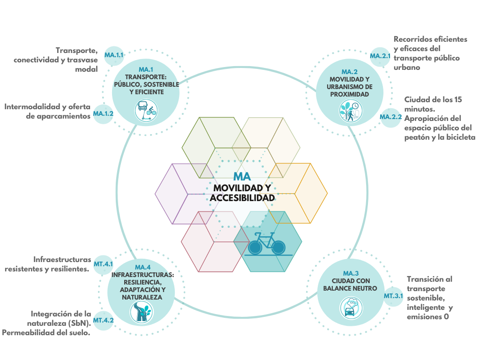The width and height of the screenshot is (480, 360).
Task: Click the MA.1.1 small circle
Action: (114, 55)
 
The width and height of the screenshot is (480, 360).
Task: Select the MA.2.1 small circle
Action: (380, 56)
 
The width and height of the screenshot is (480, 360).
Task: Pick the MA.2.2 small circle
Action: (390, 117)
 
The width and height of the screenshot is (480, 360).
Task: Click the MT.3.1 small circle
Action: (393, 296)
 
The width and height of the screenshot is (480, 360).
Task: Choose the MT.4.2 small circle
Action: (103, 320)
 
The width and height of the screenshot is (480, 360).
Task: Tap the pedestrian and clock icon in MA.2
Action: (350, 112)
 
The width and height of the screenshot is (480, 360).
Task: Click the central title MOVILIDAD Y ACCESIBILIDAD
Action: (242, 193)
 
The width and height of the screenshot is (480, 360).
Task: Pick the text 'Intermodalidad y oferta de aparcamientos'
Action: (47, 111)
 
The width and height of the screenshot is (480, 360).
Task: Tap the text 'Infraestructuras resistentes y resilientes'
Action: (47, 264)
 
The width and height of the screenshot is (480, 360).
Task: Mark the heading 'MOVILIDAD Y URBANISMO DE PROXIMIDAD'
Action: (350, 87)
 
